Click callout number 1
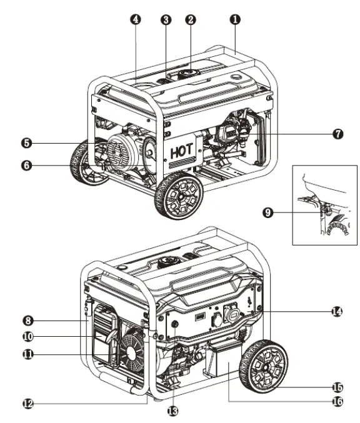(235, 19)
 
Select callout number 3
(166, 19)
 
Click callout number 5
(26, 143)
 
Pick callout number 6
(26, 165)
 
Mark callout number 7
(337, 134)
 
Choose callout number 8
(28, 321)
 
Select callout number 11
(28, 354)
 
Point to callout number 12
(28, 404)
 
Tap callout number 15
(337, 387)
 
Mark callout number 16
(337, 402)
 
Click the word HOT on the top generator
(182, 151)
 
